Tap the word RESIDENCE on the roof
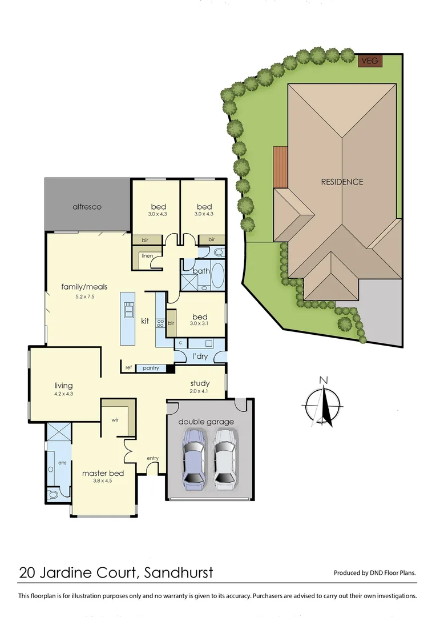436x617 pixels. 341,182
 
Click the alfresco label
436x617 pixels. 87,206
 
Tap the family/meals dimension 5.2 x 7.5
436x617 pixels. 84,296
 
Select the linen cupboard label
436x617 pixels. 147,255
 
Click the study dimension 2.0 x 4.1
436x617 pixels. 200,392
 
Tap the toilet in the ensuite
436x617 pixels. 53,494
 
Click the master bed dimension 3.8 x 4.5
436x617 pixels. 103,482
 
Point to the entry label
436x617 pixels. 152,458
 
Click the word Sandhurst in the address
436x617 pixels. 178,572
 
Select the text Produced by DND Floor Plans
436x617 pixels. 374,573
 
